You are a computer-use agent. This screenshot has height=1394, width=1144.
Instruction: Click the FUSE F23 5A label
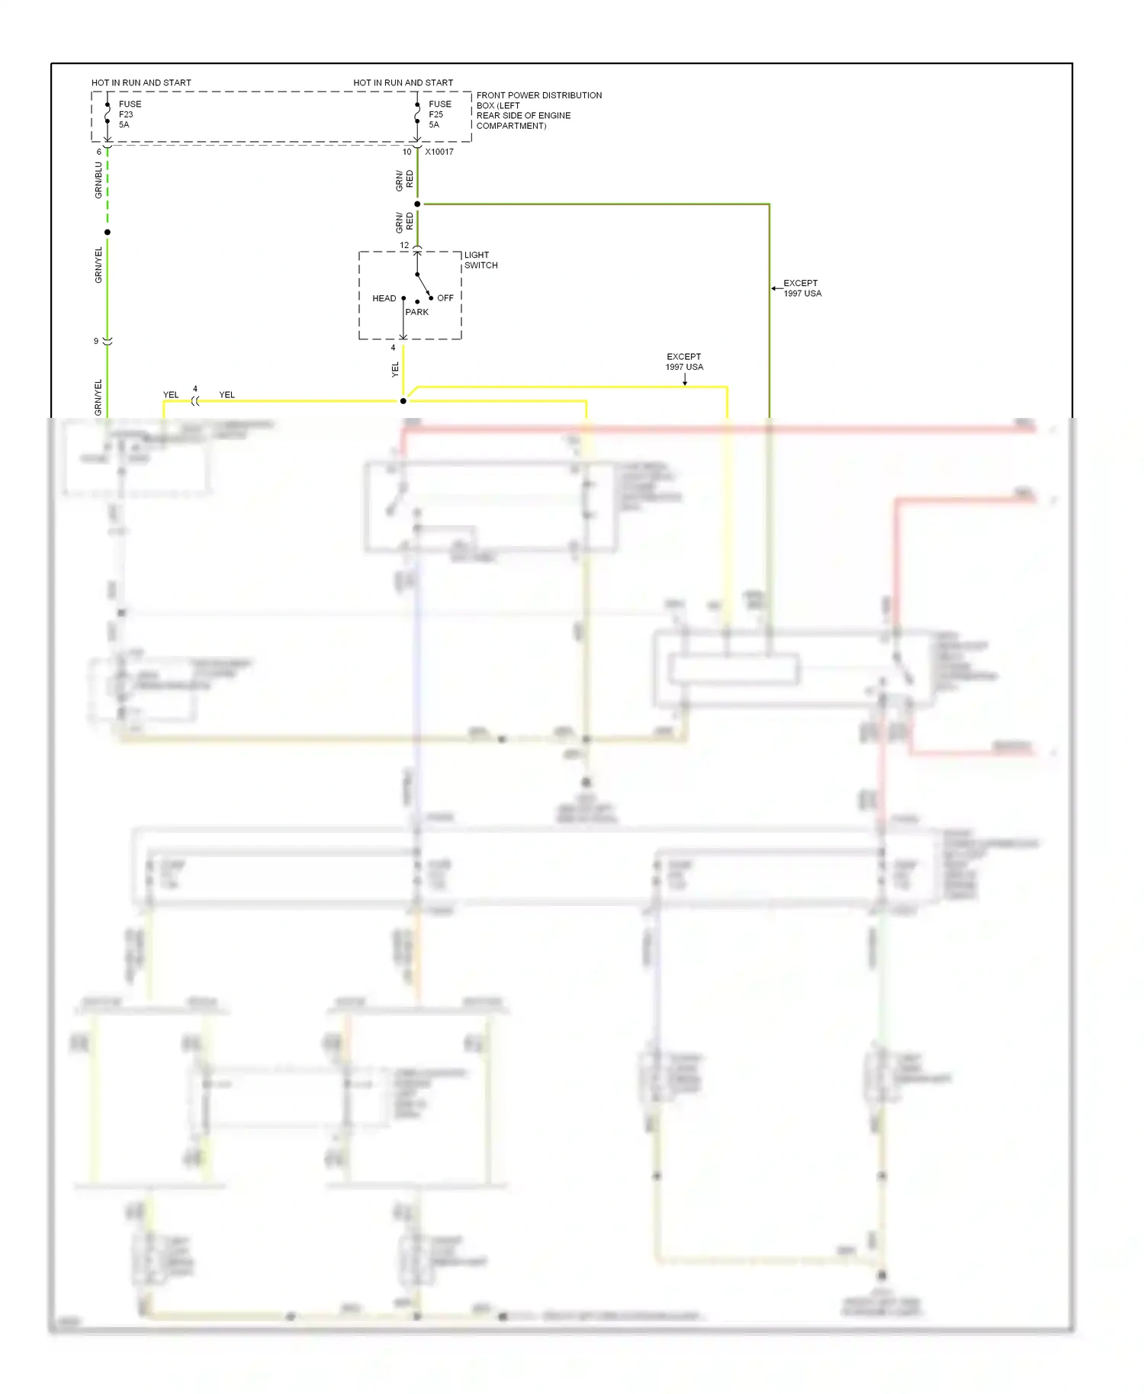[x=129, y=114]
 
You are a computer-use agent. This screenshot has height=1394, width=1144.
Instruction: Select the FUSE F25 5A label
[x=439, y=114]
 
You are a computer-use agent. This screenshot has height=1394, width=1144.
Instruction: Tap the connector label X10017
[x=439, y=152]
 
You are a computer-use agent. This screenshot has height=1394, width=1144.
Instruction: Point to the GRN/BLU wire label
[x=98, y=180]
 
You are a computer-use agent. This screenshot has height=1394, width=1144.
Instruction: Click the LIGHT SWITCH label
[x=480, y=260]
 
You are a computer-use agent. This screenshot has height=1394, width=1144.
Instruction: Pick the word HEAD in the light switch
[x=384, y=298]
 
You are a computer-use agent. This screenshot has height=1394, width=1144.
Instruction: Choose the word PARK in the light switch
[x=416, y=312]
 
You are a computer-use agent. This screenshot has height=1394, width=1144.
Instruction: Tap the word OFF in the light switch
[x=445, y=298]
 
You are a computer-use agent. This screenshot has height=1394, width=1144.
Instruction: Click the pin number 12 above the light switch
[x=404, y=246]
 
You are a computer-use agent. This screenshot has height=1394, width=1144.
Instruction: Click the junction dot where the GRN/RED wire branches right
[x=417, y=204]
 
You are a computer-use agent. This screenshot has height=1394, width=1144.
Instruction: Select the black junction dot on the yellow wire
[x=403, y=401]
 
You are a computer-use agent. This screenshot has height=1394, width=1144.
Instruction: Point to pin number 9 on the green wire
[x=96, y=341]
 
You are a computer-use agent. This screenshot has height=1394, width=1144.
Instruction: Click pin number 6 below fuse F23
[x=98, y=152]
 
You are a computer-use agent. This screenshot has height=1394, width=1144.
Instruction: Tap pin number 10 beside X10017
[x=407, y=152]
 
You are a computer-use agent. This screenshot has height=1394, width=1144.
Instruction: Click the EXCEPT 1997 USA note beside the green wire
[x=802, y=288]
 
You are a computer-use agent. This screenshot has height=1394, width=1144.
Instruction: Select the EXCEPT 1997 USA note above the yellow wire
[x=684, y=361]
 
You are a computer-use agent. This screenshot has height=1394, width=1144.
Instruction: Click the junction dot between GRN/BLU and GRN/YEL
[x=108, y=232]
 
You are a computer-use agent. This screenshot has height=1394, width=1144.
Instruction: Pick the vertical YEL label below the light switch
[x=395, y=370]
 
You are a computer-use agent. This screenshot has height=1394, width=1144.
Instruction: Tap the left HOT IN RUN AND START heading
[x=141, y=82]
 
